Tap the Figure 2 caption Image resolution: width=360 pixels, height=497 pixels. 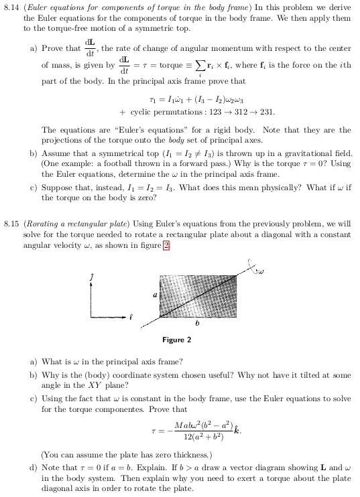177,340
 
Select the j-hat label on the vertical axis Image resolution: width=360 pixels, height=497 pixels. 93,276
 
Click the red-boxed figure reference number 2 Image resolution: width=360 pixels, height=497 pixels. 166,244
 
